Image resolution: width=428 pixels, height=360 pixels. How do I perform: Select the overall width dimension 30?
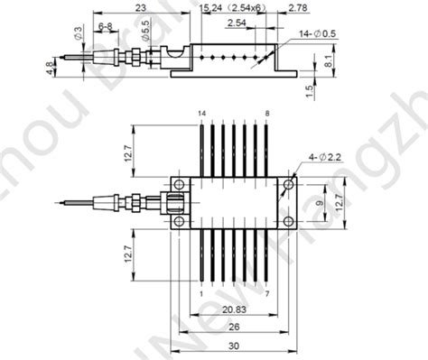[x=234, y=346]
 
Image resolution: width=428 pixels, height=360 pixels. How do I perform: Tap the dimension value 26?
[x=233, y=327]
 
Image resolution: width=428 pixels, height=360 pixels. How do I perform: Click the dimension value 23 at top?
[x=139, y=7]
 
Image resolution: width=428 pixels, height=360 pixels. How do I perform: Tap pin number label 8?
[x=267, y=112]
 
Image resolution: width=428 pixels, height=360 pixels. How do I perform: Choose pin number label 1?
[x=199, y=292]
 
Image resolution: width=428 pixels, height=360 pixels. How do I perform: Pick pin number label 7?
[x=267, y=292]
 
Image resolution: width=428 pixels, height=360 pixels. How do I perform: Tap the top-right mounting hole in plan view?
[x=287, y=185]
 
